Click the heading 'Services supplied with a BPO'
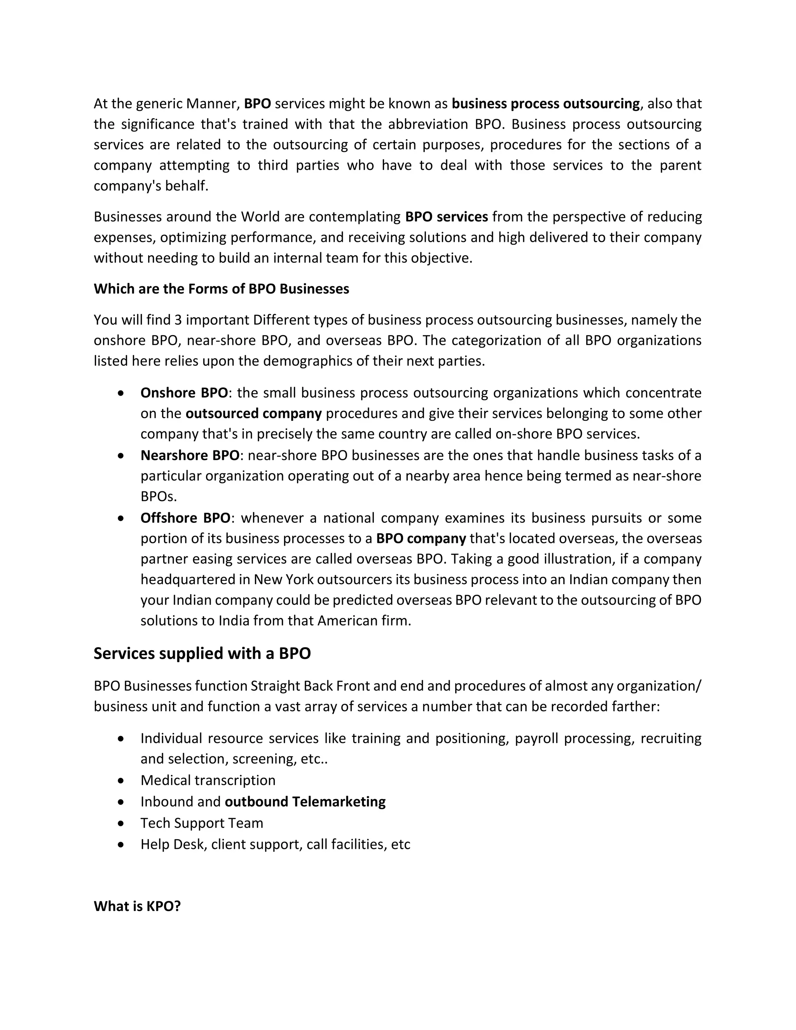[202, 653]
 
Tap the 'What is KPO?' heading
[137, 906]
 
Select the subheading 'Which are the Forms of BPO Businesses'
[221, 289]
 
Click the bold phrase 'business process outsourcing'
[546, 103]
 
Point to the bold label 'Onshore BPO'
[184, 393]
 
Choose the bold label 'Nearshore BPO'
[190, 455]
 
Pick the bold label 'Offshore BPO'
[185, 518]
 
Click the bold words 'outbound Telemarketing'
[305, 801]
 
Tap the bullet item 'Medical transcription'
[208, 780]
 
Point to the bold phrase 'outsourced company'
[254, 413]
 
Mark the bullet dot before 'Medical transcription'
[122, 780]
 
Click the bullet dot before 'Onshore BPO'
[122, 393]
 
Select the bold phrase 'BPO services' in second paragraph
[447, 216]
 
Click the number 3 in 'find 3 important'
[178, 320]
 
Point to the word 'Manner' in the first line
[213, 103]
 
